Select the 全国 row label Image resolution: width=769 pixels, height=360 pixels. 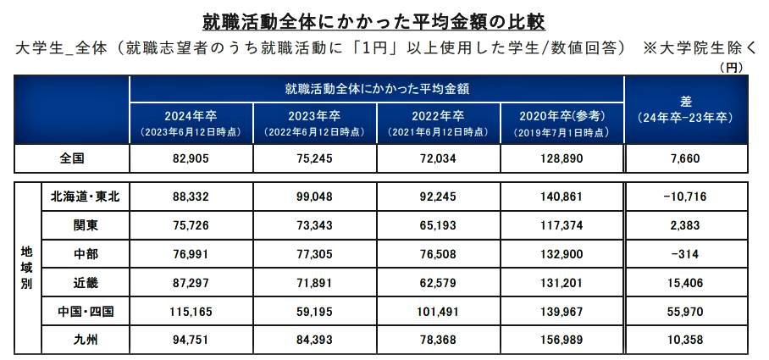(72, 158)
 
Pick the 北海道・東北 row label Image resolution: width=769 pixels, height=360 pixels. (86, 197)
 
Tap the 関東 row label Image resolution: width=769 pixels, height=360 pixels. (86, 225)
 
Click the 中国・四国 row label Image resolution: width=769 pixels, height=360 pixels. (86, 313)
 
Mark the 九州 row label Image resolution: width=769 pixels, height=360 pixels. (86, 341)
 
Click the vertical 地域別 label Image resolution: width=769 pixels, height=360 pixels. (27, 269)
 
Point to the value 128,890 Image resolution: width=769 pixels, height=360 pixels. (562, 158)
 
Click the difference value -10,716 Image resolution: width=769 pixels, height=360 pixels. (686, 197)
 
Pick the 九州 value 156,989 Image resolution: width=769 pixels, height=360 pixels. (562, 341)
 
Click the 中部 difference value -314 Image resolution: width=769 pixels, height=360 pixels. (686, 254)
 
